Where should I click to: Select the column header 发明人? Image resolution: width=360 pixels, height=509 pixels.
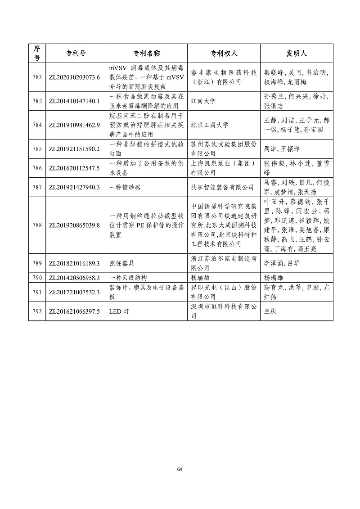tap(296, 53)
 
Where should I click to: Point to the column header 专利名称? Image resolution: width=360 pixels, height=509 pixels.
tap(147, 53)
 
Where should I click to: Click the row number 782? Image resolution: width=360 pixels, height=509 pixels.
tap(37, 77)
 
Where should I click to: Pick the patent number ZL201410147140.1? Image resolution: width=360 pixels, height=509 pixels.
tap(74, 101)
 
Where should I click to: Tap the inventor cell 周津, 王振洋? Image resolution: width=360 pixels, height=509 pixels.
tap(281, 149)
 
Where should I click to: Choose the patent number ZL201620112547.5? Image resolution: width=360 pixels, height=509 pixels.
tap(74, 168)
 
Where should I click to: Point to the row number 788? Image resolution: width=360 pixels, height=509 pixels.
tap(37, 225)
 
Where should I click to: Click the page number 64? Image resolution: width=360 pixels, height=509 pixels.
tap(180, 469)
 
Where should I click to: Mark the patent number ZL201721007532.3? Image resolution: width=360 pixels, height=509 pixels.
tap(74, 292)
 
